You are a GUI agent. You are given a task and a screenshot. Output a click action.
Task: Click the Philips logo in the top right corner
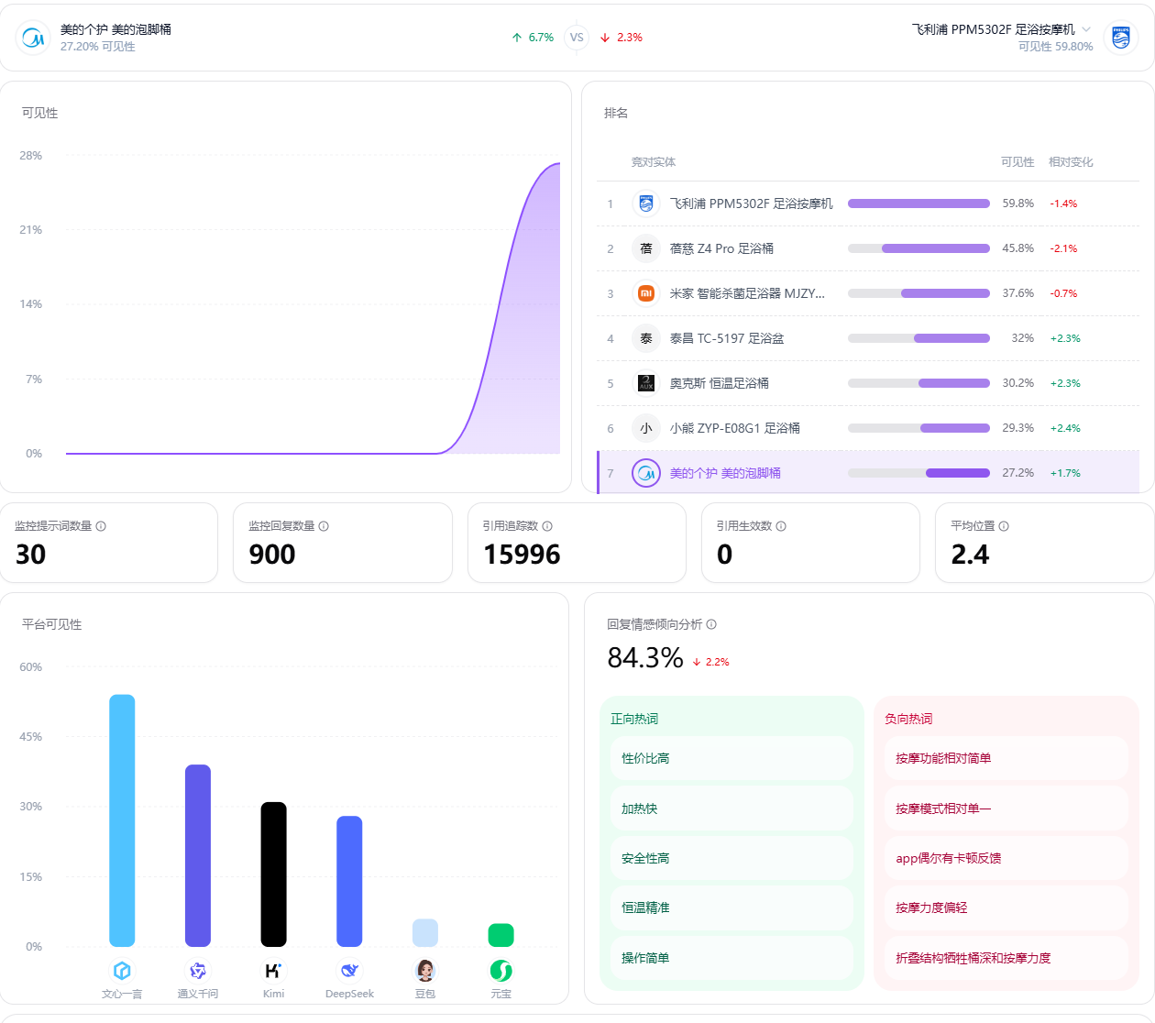[x=1120, y=38]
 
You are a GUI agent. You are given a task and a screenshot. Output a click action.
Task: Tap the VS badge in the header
[x=577, y=38]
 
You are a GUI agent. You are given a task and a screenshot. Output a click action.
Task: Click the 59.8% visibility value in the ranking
[x=1017, y=203]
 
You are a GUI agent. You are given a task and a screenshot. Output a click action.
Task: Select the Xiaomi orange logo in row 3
[x=646, y=293]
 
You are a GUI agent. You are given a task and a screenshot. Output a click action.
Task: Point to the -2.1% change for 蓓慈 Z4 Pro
[x=1063, y=248]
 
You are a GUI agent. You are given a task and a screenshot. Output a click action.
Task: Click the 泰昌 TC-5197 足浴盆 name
[x=726, y=339]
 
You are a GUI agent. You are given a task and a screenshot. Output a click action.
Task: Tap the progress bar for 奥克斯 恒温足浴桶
[x=918, y=383]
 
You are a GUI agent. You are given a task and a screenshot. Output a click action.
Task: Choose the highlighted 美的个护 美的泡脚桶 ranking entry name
[x=724, y=473]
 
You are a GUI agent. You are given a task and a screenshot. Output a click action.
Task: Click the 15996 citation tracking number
[x=522, y=555]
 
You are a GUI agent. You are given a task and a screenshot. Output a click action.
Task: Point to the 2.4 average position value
[x=970, y=555]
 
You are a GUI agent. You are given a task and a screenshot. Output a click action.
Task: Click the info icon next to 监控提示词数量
[x=101, y=526]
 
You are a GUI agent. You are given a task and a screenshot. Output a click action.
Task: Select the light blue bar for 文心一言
[x=122, y=820]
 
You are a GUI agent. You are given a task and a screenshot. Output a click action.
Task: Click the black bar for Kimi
[x=274, y=874]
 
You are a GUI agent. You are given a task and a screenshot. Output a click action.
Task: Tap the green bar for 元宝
[x=501, y=935]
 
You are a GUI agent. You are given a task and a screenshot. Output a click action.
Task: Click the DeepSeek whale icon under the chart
[x=349, y=970]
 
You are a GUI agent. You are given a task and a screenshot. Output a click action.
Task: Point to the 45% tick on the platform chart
[x=31, y=737]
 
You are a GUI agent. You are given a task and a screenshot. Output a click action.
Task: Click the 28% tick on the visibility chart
[x=31, y=156]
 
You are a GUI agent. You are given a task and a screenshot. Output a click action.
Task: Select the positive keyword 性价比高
[x=645, y=758]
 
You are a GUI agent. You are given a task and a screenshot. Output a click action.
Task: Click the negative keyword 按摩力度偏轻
[x=931, y=907]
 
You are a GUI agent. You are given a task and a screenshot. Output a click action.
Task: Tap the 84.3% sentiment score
[x=644, y=658]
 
